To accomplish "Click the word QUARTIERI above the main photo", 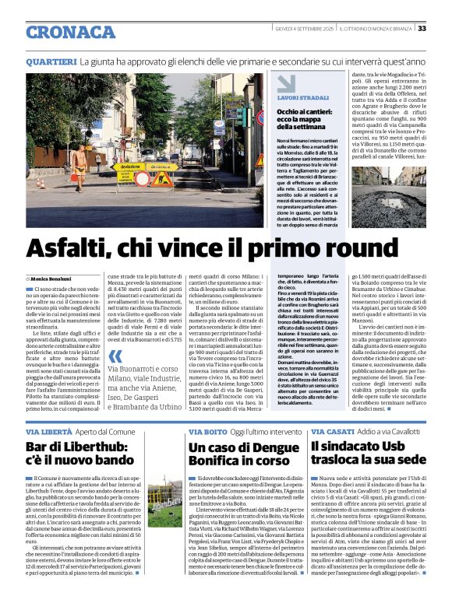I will (51, 61).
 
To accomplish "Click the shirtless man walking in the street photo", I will (78, 169).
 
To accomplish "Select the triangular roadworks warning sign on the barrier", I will (163, 180).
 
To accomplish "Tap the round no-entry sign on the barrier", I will (143, 179).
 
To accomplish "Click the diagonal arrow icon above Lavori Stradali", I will (286, 83).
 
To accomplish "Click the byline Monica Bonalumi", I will (51, 278).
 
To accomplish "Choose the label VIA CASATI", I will (330, 431).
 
